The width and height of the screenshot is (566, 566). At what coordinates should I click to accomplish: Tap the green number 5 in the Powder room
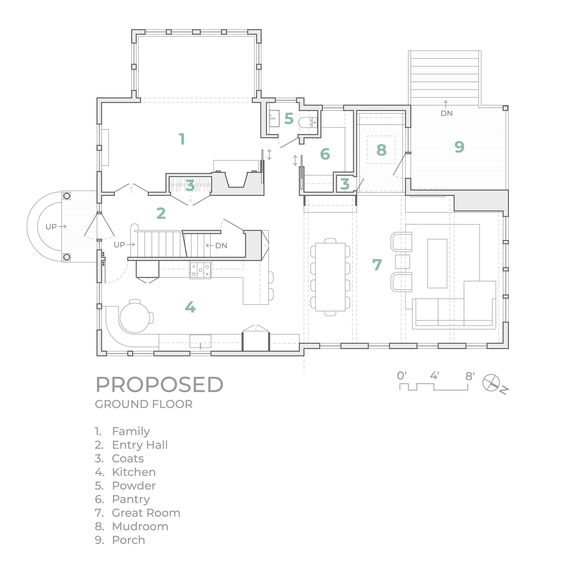pos(289,118)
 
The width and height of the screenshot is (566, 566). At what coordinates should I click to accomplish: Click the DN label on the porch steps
pos(446,113)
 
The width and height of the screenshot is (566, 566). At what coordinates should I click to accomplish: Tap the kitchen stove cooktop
pos(200,270)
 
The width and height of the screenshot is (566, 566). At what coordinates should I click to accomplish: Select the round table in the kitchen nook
pos(135,318)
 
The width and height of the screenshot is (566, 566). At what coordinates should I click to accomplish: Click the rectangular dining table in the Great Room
pos(330,277)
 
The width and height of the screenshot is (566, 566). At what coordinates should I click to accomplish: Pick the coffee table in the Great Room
pos(437,263)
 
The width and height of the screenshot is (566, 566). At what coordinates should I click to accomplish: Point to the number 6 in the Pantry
pos(325,154)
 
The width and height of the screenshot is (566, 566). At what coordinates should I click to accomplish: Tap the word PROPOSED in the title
pos(159,385)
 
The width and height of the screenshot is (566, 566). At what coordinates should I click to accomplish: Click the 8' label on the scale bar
pos(470,376)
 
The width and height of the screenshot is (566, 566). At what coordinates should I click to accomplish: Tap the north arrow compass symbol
pos(491,383)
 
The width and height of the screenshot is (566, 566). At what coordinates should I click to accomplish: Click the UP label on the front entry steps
pos(51,226)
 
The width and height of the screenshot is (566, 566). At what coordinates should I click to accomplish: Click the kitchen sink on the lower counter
pos(200,341)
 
